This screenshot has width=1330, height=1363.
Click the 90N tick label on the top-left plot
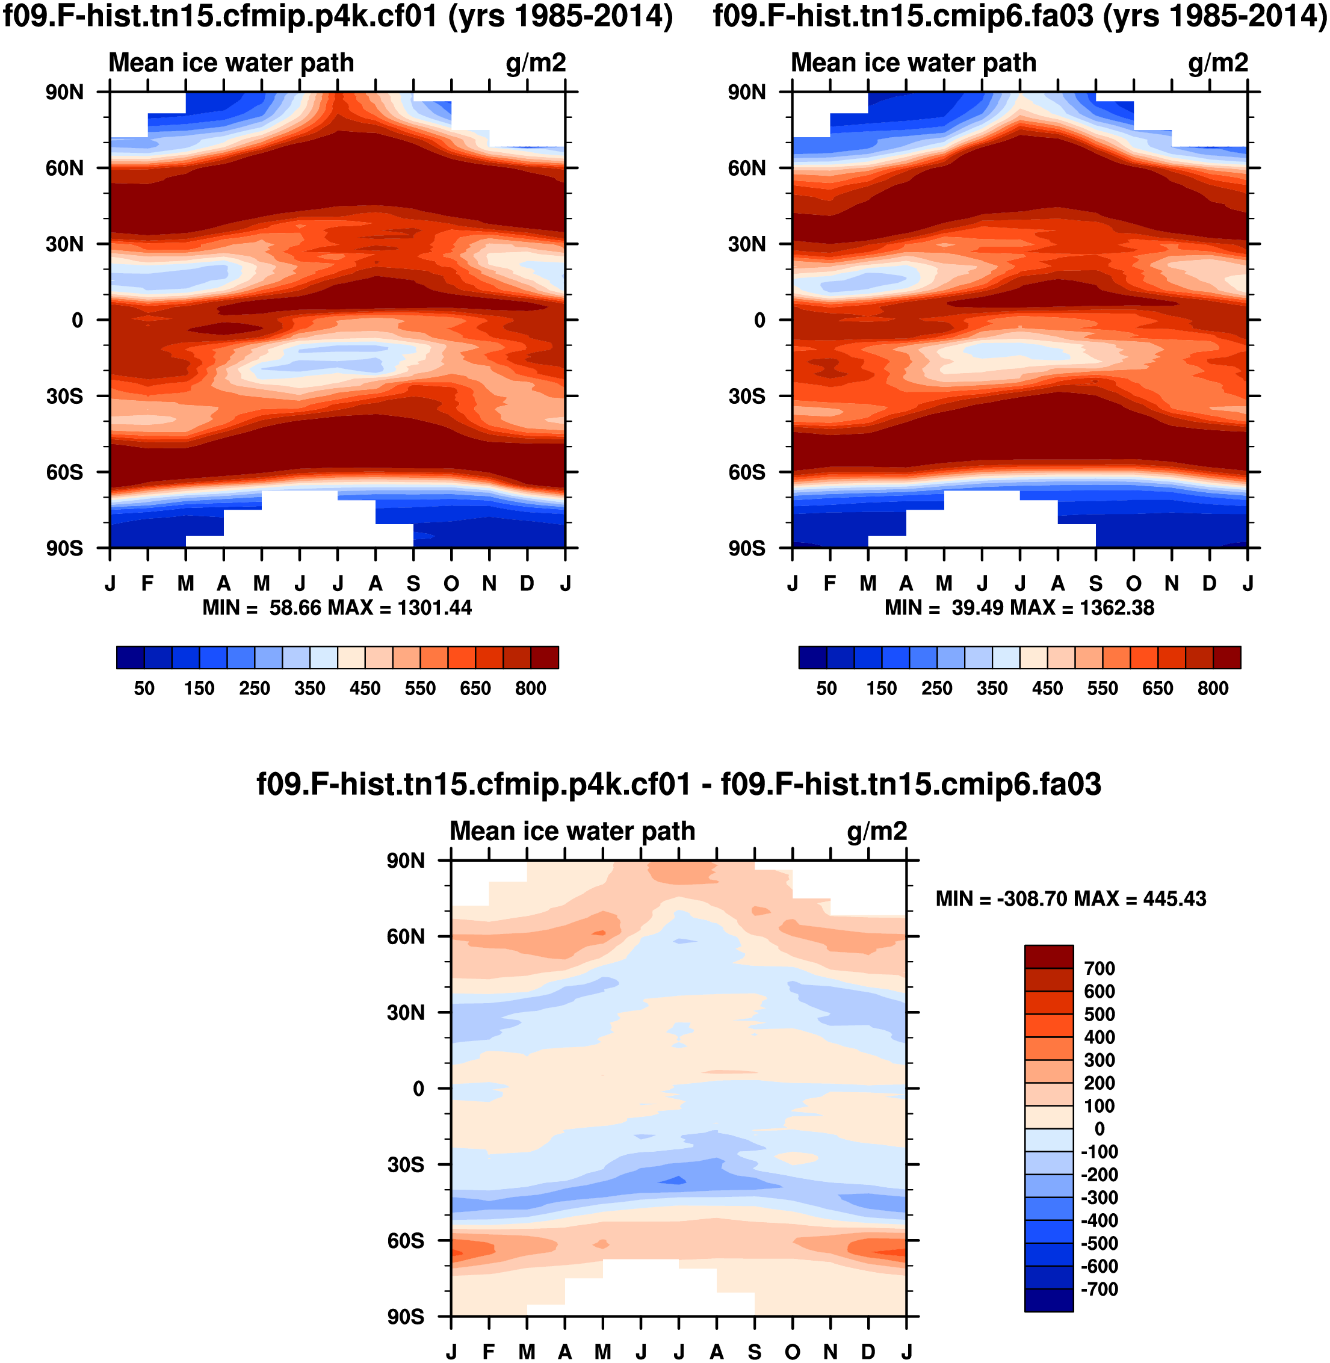[x=65, y=92]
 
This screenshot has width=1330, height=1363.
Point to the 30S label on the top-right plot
[x=747, y=396]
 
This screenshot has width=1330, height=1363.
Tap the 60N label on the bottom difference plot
[x=406, y=936]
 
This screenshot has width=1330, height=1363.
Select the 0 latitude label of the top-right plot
[x=759, y=321]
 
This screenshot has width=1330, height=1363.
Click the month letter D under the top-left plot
[x=527, y=583]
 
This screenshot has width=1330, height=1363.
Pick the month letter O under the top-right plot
[x=1134, y=583]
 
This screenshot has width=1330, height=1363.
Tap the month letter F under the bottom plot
[x=489, y=1352]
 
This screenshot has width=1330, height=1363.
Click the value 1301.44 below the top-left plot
[x=435, y=608]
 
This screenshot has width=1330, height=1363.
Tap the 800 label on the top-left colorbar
[x=530, y=688]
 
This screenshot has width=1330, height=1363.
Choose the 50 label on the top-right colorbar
[x=826, y=688]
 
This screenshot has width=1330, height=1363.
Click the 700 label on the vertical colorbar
[x=1100, y=968]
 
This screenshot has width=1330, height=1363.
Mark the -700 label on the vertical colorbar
[x=1100, y=1289]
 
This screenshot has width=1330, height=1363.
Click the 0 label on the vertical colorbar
[x=1100, y=1129]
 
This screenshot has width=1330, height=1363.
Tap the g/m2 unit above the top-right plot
[x=1217, y=63]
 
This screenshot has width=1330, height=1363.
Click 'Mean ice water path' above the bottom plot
[x=572, y=832]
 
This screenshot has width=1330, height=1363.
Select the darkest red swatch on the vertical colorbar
[x=1048, y=956]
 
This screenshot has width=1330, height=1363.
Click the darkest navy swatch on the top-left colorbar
[x=131, y=657]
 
